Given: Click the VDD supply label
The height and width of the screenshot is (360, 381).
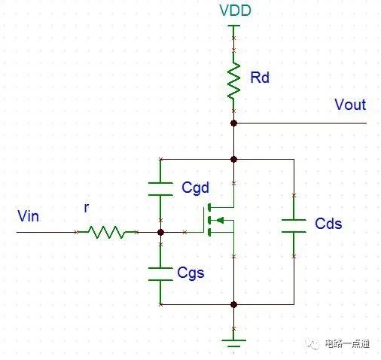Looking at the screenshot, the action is click(x=235, y=11).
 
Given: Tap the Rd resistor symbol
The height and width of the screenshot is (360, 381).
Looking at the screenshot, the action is click(x=233, y=81).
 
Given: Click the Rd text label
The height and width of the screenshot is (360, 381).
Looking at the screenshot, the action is click(x=260, y=78).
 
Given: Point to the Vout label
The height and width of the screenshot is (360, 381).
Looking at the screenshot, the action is click(x=350, y=105).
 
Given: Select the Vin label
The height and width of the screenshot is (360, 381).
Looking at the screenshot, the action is click(x=28, y=216).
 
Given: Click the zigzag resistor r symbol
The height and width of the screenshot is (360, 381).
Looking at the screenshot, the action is click(x=106, y=232).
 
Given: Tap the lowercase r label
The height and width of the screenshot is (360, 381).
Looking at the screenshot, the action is click(x=87, y=208).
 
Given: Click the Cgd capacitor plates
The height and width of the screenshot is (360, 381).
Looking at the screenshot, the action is click(x=160, y=189).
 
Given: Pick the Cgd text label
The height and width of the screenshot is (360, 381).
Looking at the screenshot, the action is click(x=195, y=188).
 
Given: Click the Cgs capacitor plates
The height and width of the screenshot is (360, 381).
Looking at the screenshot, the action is click(x=160, y=274).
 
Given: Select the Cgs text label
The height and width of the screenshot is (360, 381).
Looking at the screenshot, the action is click(x=190, y=273).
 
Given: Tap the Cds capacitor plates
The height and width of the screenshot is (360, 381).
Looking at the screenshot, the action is click(x=294, y=226).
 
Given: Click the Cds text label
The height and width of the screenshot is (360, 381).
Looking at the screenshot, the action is click(x=328, y=223).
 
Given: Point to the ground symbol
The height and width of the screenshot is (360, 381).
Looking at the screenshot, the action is click(x=233, y=343).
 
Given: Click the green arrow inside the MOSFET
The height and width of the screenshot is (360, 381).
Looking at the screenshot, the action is click(x=220, y=221).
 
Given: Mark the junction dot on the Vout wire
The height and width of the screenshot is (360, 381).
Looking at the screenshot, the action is click(x=233, y=123).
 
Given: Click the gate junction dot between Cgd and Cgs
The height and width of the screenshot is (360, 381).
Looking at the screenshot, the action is click(x=160, y=232).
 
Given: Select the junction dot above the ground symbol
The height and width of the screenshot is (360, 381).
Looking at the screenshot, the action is click(x=233, y=304).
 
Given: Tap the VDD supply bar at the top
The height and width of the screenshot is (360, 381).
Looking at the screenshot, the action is click(x=233, y=26).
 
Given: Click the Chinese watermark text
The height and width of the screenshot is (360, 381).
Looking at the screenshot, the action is click(x=347, y=343).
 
